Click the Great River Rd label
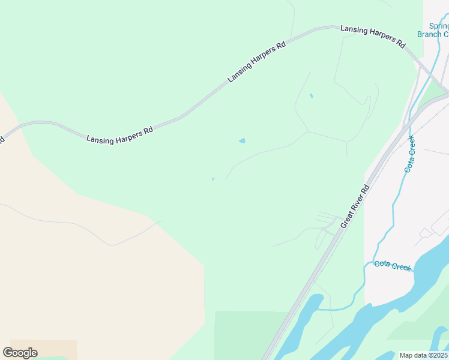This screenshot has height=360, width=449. [354, 205]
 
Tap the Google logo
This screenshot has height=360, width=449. [20, 353]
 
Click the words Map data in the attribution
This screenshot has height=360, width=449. [413, 355]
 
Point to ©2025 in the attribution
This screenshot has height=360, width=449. [438, 355]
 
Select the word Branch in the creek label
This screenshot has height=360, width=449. [429, 34]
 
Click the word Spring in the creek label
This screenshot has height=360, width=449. [439, 26]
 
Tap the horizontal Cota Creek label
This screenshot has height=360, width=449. [393, 265]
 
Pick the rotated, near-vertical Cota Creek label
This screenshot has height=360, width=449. [409, 155]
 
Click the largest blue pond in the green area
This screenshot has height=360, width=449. [242, 141]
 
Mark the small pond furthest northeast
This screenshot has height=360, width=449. [311, 95]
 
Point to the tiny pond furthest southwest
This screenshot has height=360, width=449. [212, 179]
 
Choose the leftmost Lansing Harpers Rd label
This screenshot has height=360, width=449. [119, 134]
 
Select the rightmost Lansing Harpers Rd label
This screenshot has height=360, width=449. [373, 36]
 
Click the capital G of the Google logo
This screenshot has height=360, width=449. [8, 352]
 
